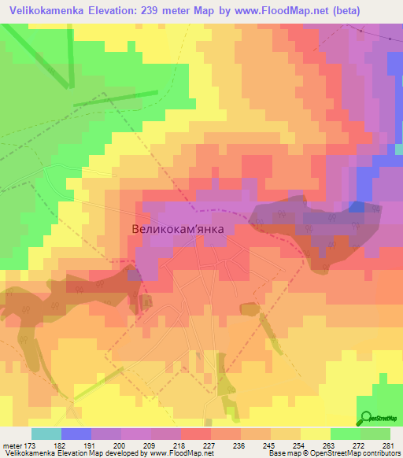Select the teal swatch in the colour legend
46,434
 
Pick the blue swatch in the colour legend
76,434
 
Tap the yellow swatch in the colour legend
315,434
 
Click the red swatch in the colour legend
195,434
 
